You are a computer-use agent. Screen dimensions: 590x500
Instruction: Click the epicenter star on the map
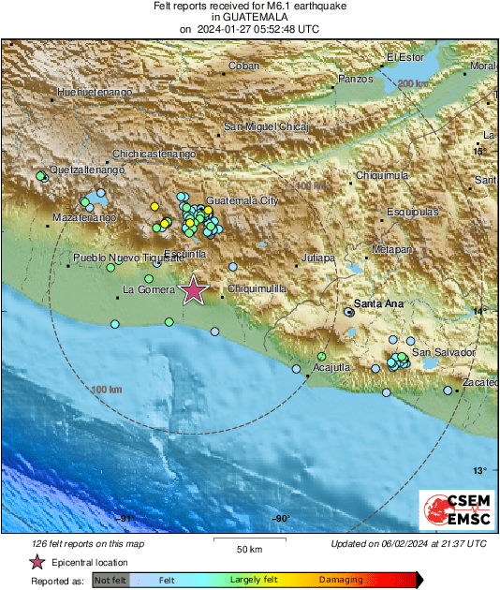click(194, 290)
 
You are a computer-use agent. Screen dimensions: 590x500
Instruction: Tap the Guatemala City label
click(242, 201)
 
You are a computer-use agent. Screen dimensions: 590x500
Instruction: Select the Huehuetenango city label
click(95, 93)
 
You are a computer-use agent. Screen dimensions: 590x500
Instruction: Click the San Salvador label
click(445, 352)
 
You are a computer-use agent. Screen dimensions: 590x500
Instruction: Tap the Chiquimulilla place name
click(257, 289)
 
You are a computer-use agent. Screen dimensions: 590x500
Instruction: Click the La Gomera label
click(149, 291)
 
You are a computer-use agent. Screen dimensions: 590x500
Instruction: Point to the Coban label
click(244, 66)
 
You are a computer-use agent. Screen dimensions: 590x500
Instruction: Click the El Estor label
click(405, 57)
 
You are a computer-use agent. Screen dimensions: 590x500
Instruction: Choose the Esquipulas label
click(412, 213)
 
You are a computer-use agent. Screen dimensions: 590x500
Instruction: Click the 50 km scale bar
click(248, 542)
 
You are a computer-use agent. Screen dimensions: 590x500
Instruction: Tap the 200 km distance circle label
click(411, 84)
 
